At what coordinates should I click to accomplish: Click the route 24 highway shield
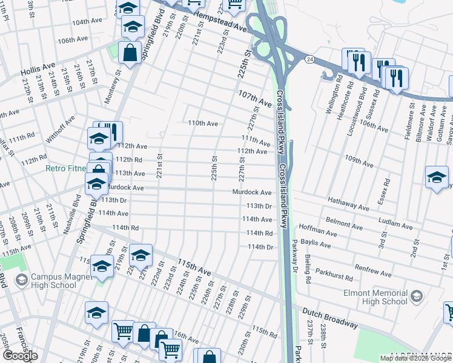tap(309, 59)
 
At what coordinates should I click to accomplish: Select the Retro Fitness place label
tap(65, 169)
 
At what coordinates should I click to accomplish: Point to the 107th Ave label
tap(254, 99)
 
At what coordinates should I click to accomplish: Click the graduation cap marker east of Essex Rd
tap(436, 178)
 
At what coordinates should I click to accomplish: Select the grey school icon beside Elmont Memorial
tap(416, 295)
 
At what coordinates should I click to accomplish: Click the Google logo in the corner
tap(20, 356)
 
